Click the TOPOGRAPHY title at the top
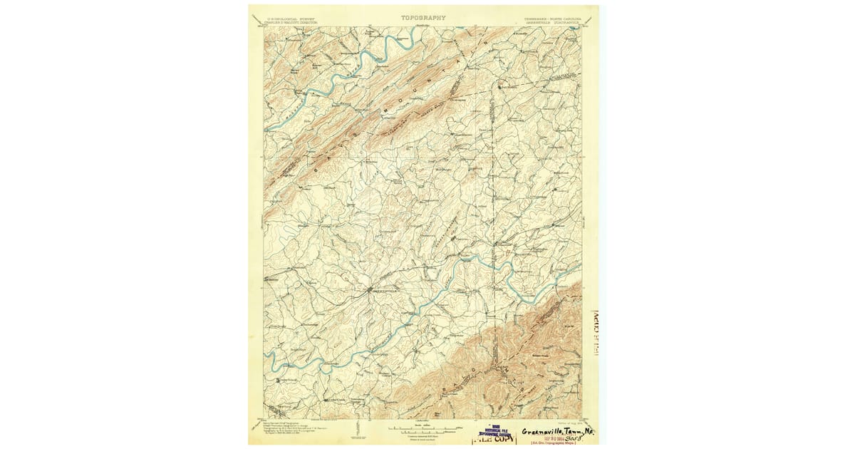[x=423, y=18]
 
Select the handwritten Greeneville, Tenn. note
[x=559, y=431]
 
